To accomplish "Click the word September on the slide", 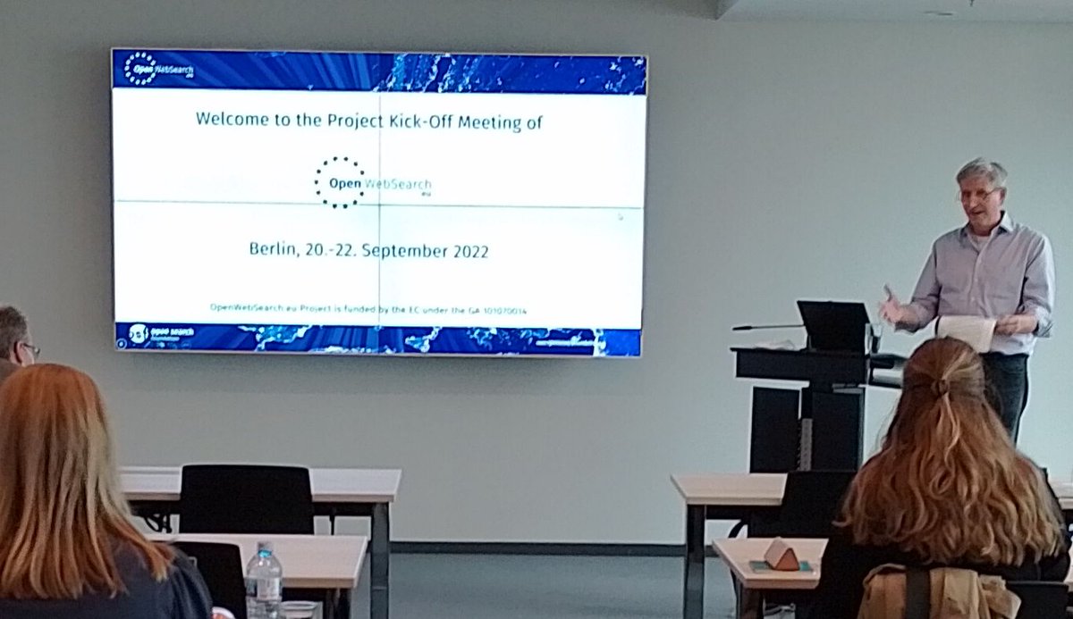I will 398,252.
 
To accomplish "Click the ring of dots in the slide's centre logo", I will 339,182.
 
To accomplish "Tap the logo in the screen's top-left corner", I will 141,69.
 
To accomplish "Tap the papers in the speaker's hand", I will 966,332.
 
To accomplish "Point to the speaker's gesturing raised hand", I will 891,305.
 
